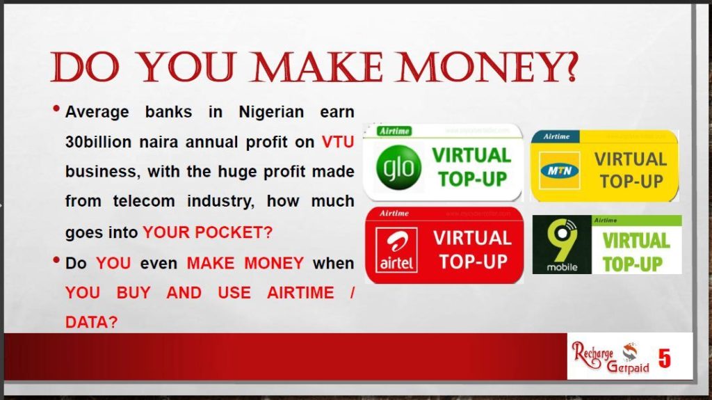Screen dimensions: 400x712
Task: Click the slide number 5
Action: pos(665,359)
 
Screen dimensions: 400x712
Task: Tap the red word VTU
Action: pos(338,142)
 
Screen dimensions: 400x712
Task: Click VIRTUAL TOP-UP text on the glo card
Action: pos(472,167)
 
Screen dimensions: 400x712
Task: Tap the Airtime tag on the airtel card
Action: pos(394,213)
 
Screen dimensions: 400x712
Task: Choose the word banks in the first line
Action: pos(167,112)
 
